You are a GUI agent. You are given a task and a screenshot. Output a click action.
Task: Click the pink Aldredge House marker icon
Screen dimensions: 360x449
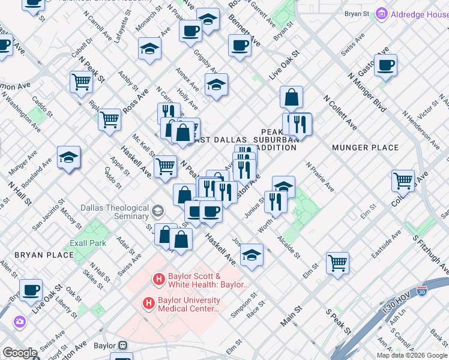pos(381,13)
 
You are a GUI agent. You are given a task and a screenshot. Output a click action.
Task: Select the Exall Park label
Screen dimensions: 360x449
pos(87,243)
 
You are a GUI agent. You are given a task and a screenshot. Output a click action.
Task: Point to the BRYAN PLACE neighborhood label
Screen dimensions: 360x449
pos(44,255)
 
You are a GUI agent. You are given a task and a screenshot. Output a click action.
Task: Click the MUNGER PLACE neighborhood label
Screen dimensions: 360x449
pos(364,148)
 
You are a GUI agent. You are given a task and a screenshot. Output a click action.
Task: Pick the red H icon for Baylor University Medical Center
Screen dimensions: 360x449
pos(148,304)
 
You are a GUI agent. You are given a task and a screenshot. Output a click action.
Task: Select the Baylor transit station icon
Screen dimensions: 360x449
pos(122,346)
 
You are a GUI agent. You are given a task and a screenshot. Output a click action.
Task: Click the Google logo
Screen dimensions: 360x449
pos(20,353)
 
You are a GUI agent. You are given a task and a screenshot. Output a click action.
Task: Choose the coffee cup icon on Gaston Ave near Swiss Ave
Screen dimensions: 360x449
pos(385,64)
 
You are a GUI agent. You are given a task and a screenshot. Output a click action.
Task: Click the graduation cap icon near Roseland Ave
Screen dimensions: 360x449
pos(68,157)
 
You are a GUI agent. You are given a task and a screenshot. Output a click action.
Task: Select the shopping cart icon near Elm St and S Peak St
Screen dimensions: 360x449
pos(337,262)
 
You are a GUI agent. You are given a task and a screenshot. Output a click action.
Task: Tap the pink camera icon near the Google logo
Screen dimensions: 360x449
pos(20,322)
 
